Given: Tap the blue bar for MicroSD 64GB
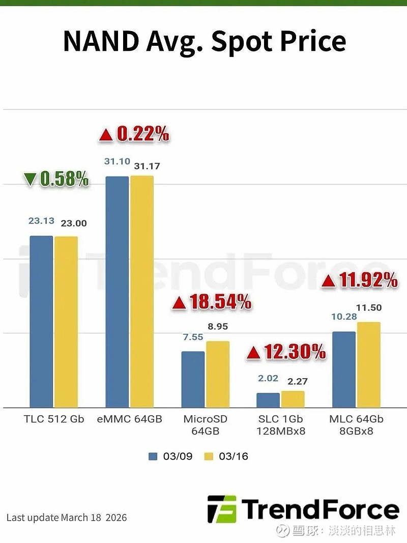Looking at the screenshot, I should (x=193, y=379).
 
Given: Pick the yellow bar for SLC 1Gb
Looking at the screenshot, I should (x=293, y=399).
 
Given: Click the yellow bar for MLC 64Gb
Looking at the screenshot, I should (x=368, y=364).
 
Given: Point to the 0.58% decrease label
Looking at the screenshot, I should (x=56, y=179).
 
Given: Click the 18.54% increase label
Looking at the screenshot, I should (x=212, y=302).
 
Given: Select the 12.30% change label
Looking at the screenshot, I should (x=286, y=352).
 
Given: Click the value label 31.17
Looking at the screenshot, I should (x=143, y=166).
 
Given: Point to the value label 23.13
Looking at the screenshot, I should (x=41, y=221).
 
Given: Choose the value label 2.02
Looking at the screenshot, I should (x=268, y=378).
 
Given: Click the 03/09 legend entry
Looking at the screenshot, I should (x=170, y=456).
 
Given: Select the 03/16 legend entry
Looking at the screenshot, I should (x=226, y=456).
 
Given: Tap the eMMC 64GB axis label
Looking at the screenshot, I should (x=129, y=419).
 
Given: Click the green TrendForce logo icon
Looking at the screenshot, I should (x=222, y=509).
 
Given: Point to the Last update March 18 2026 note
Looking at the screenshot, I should (x=67, y=518).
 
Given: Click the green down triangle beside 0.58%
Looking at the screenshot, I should (x=30, y=179).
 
